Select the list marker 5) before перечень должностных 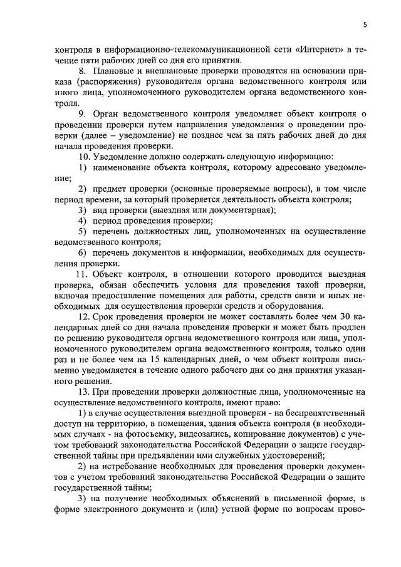[x=82, y=231]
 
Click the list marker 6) [x=82, y=252]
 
